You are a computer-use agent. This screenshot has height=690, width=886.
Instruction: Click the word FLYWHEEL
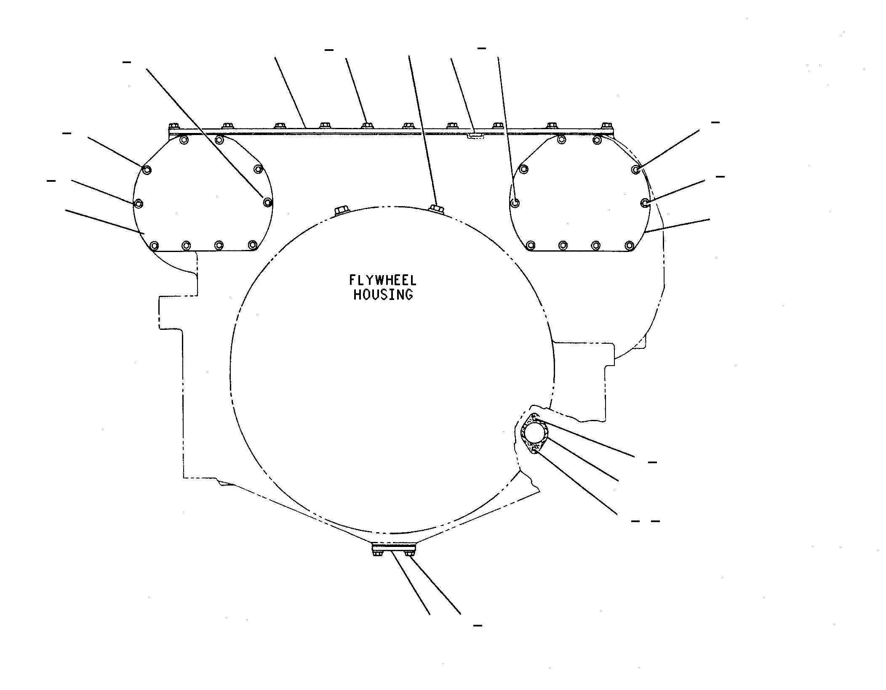382,280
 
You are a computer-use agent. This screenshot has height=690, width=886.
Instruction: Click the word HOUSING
383,295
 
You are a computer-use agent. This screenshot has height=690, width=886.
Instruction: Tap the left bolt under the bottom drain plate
377,554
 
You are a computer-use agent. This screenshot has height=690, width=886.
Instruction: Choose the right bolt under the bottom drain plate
410,554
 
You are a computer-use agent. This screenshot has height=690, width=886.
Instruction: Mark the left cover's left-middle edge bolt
139,203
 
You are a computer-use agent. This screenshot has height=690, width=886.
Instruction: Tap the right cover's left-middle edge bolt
515,203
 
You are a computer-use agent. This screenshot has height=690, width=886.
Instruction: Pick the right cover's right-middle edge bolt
645,203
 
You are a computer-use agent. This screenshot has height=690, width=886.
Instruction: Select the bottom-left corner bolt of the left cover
155,245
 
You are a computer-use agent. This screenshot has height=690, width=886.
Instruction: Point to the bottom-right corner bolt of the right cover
629,245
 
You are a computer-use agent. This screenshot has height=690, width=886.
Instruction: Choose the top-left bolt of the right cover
523,169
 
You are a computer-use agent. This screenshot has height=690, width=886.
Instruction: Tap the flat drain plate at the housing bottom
394,547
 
